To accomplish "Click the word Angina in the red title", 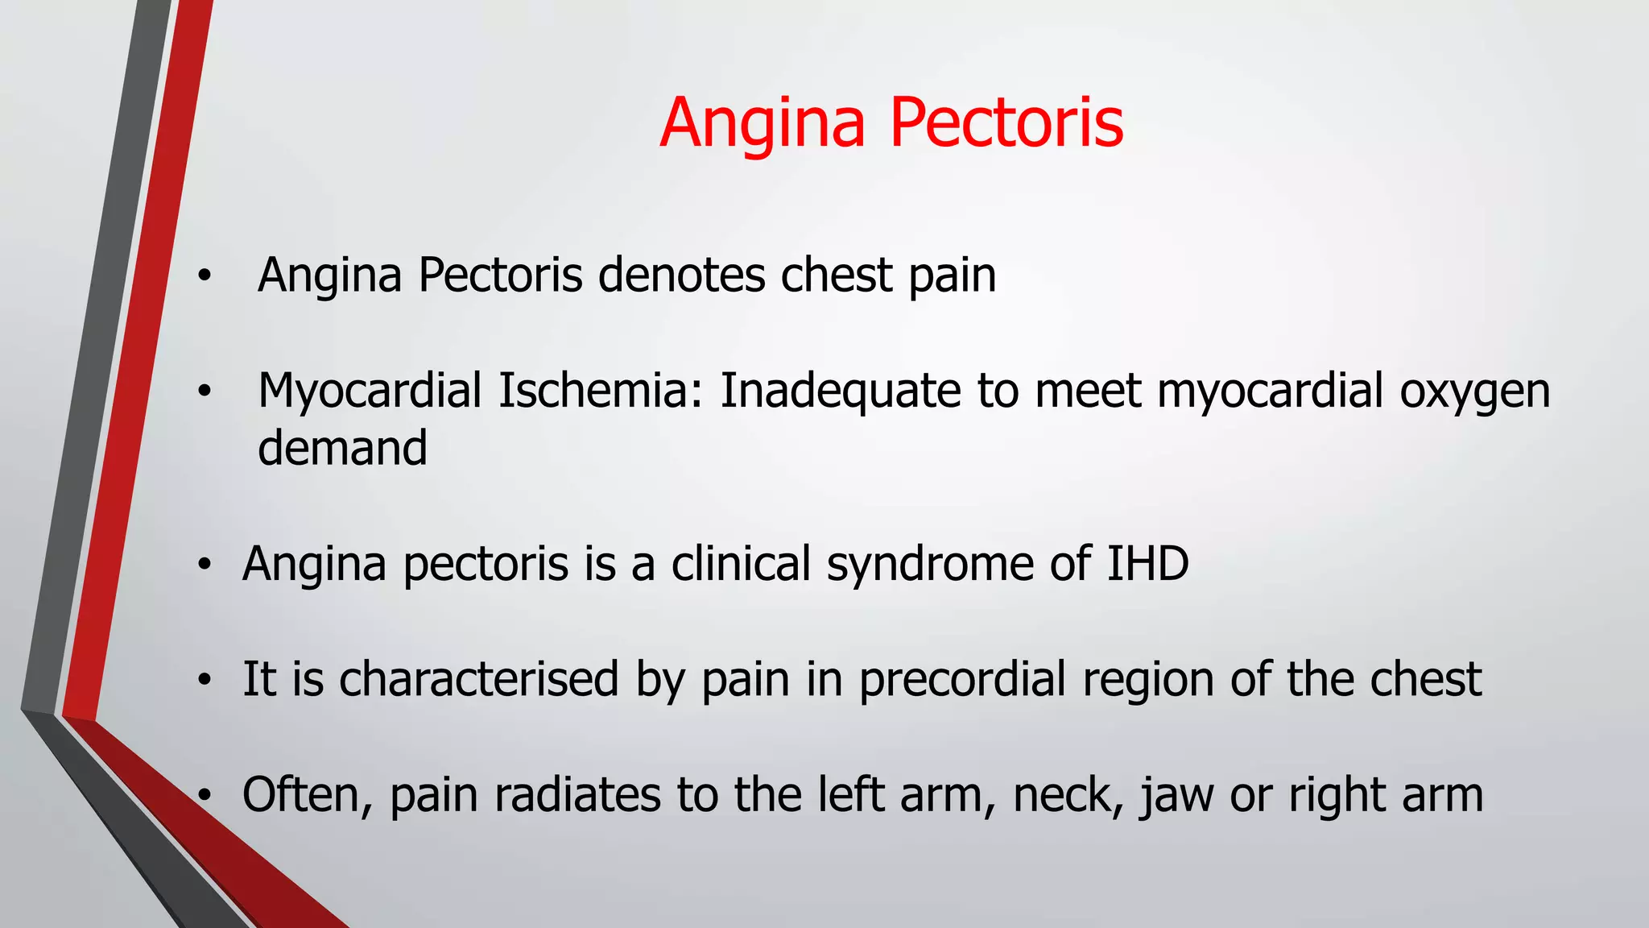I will tap(763, 123).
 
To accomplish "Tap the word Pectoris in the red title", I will tap(1006, 123).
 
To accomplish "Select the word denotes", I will tap(682, 275).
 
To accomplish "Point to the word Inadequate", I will tap(840, 391).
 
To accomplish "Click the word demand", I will tap(342, 448).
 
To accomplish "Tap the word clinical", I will tap(741, 563).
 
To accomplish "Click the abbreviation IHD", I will tap(1147, 563).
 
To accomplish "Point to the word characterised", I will tap(478, 678).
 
